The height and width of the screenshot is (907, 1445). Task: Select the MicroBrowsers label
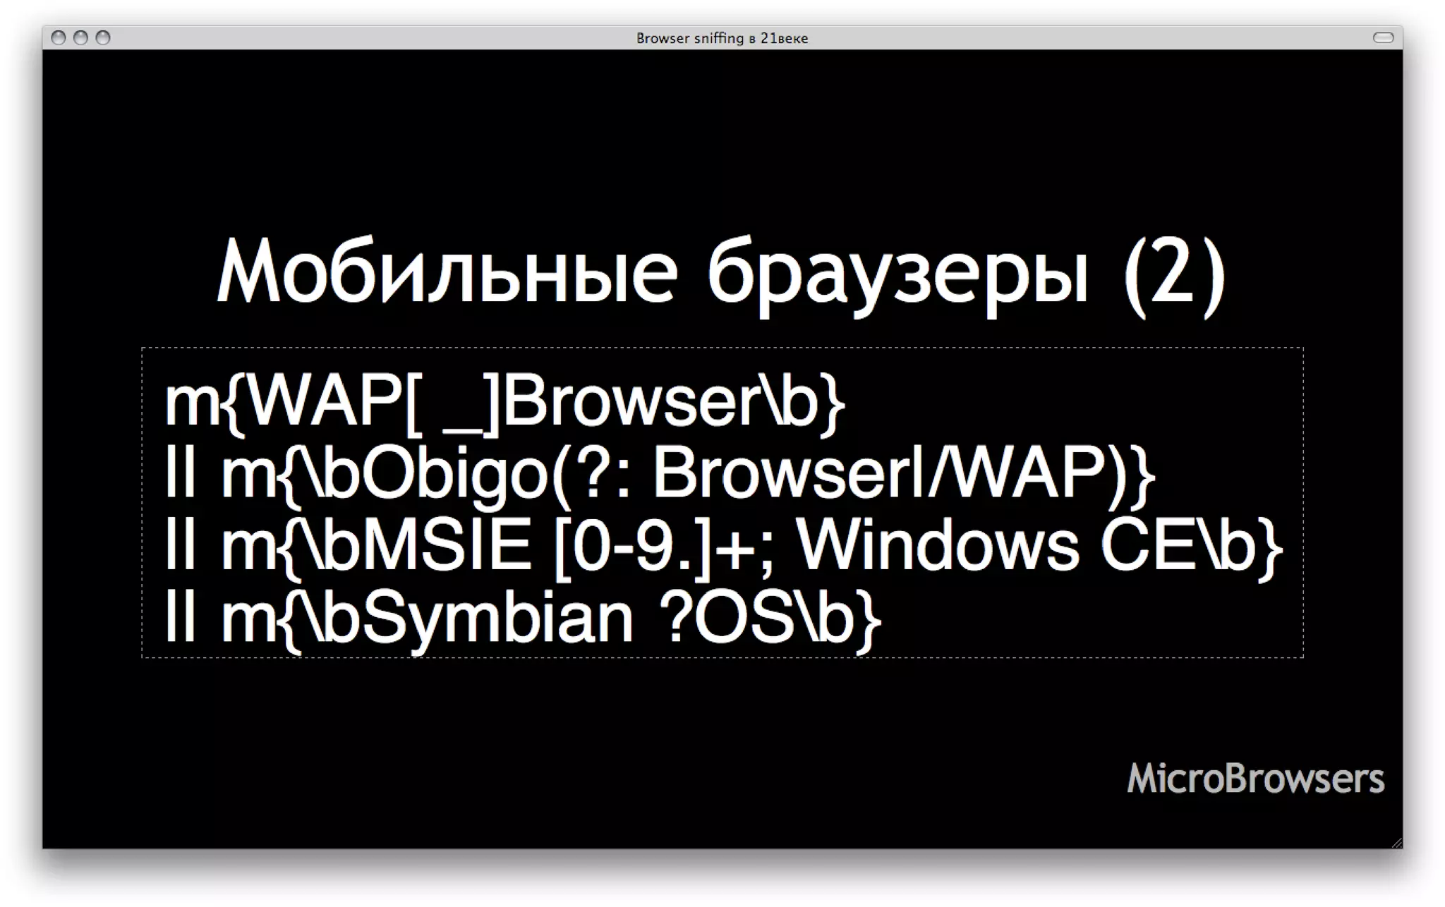tap(1255, 779)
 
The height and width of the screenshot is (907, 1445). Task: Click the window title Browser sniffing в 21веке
tap(722, 38)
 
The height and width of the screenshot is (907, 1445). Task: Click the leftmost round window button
tap(59, 37)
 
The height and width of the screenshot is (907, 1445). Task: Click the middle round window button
tap(80, 37)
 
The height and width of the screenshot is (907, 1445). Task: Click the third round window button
tap(103, 37)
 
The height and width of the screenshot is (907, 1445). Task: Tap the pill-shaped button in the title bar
tap(1383, 37)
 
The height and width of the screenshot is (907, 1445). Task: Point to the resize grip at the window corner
tap(1396, 842)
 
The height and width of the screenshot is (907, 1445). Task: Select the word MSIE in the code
tap(447, 546)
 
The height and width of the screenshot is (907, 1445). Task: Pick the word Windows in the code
tap(938, 546)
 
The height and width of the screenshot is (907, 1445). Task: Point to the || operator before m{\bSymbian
tap(180, 619)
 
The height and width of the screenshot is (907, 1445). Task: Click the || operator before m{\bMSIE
tap(180, 546)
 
